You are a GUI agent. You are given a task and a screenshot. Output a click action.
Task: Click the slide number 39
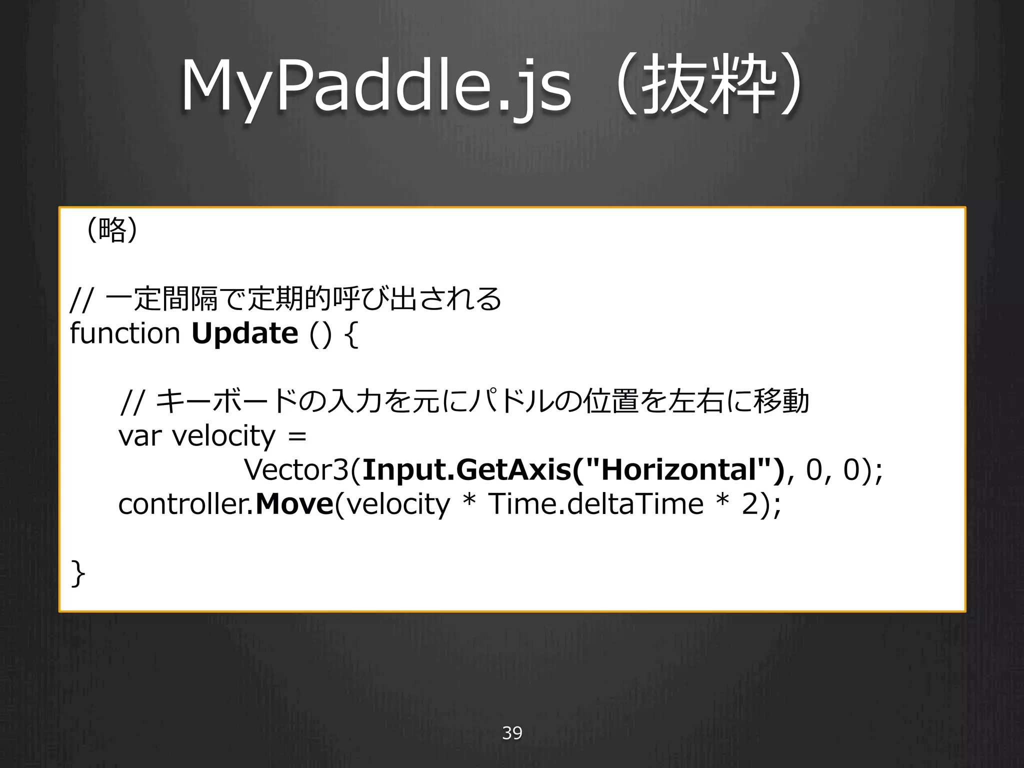click(512, 733)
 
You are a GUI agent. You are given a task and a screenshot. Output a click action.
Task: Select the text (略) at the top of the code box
click(112, 230)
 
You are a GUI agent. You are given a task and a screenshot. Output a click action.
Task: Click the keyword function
click(125, 333)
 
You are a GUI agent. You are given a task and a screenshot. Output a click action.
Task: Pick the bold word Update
click(245, 334)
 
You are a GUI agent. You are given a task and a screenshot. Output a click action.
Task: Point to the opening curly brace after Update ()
click(351, 334)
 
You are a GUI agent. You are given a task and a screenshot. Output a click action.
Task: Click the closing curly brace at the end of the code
click(78, 573)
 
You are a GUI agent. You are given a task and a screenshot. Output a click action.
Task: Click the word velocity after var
click(223, 436)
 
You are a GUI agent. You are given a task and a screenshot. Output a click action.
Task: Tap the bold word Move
click(294, 504)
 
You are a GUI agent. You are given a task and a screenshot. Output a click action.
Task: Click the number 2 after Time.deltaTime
click(750, 504)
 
